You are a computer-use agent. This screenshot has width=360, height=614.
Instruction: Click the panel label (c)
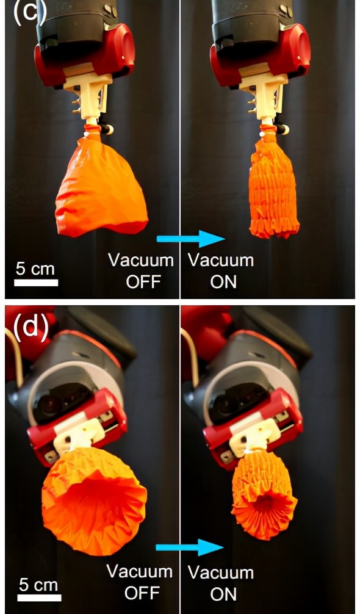pyautogui.click(x=30, y=12)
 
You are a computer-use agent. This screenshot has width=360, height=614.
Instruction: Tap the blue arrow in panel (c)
pyautogui.click(x=190, y=239)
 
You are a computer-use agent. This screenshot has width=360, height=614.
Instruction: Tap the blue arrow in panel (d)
pyautogui.click(x=190, y=547)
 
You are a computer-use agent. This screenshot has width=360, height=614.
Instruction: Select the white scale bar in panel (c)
pyautogui.click(x=36, y=283)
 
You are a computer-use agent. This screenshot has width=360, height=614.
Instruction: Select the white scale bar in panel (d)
pyautogui.click(x=39, y=598)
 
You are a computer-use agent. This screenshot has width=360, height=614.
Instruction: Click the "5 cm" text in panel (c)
pyautogui.click(x=35, y=269)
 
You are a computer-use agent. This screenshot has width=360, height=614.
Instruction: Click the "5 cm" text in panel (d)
pyautogui.click(x=38, y=585)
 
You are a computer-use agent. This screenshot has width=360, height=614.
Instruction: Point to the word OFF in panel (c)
pyautogui.click(x=143, y=281)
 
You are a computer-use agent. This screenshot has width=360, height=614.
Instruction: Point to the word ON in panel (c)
pyautogui.click(x=223, y=282)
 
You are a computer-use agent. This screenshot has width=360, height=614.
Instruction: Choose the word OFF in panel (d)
pyautogui.click(x=142, y=593)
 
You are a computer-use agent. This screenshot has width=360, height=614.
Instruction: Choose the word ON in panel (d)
pyautogui.click(x=223, y=594)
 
